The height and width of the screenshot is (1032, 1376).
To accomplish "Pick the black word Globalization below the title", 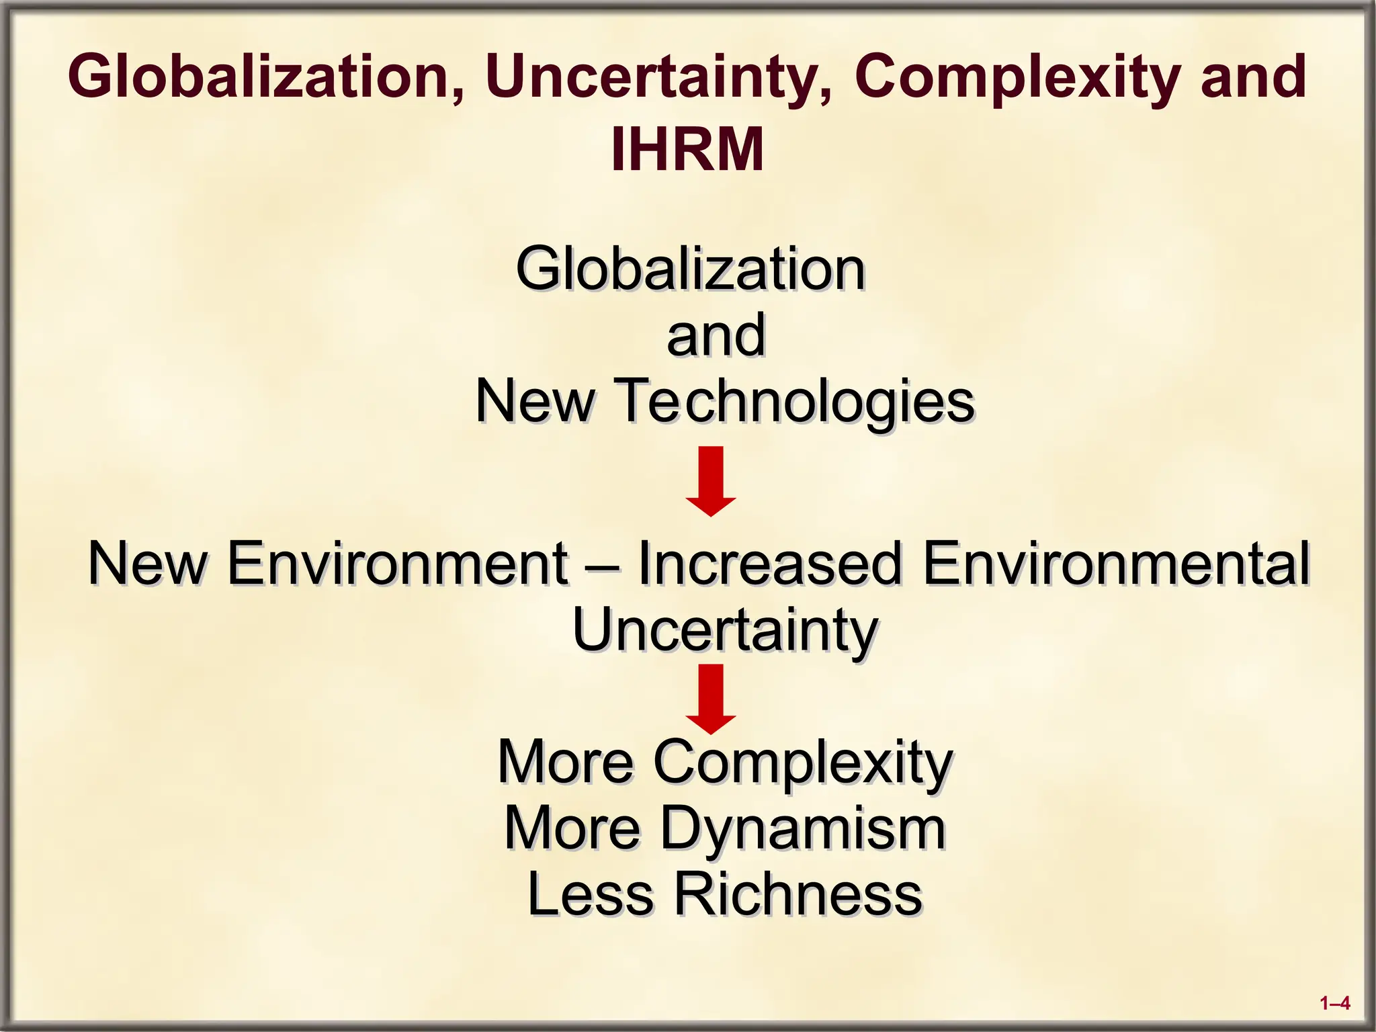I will point(691,269).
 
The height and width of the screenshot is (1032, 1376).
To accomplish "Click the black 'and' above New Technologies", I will point(716,335).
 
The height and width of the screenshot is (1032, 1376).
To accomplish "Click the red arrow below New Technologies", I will point(711,481).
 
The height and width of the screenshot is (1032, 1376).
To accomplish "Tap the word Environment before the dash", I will point(398,563).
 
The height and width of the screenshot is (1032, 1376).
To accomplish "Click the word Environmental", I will point(1116,563).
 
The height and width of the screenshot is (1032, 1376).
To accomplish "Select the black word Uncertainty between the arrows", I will point(725,630).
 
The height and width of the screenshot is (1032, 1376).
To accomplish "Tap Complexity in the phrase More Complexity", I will point(803,763).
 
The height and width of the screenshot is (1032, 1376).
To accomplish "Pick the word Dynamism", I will point(803,828).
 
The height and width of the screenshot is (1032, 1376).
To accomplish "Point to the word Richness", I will point(798,894).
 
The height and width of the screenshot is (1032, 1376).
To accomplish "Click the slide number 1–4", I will point(1335,1004).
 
